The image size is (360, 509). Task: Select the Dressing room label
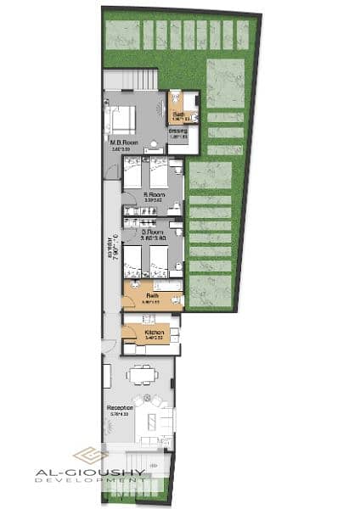tap(177, 131)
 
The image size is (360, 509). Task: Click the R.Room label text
tap(153, 194)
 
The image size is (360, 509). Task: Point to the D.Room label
tap(153, 232)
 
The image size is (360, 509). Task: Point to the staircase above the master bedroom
tap(131, 79)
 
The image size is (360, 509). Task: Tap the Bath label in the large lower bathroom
tap(154, 296)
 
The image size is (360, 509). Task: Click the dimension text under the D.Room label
tap(153, 239)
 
